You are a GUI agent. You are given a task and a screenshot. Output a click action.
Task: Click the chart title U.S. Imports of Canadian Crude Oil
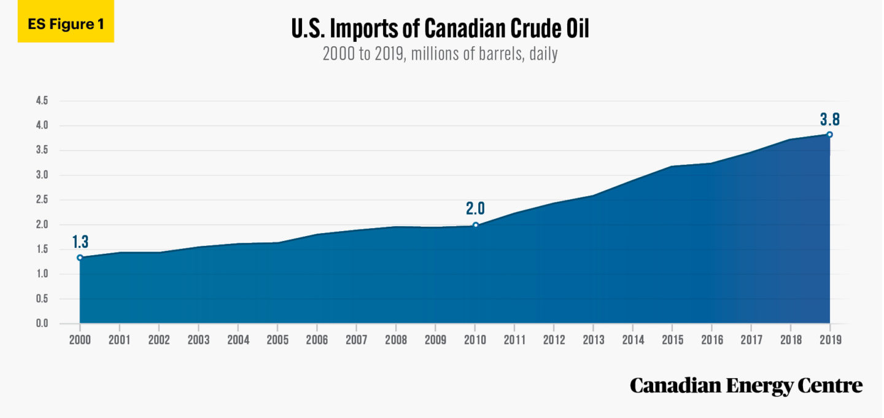(440, 28)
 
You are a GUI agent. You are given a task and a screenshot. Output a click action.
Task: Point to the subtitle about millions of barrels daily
(440, 53)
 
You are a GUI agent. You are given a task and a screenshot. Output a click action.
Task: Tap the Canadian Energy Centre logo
(746, 386)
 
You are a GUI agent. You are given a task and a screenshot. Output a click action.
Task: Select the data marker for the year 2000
(80, 258)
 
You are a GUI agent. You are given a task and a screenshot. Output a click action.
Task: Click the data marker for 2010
(475, 225)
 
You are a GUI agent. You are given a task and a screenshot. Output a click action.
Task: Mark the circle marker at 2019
(829, 135)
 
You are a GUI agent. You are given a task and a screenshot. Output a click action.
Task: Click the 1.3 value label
(80, 242)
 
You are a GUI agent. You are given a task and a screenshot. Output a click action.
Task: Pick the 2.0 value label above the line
(475, 208)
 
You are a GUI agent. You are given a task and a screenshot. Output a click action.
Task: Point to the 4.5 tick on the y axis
(42, 101)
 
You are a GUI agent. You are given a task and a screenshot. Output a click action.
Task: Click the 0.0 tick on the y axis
(42, 323)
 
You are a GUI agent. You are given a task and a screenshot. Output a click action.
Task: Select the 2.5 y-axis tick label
(42, 200)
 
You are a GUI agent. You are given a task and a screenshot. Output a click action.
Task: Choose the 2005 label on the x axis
(277, 339)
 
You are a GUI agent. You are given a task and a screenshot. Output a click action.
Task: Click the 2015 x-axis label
(672, 339)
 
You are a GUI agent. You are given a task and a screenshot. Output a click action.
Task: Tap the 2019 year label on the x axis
(829, 339)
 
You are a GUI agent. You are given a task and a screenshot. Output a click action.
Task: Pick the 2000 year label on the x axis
(80, 339)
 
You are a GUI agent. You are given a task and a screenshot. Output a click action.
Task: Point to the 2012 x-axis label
(553, 339)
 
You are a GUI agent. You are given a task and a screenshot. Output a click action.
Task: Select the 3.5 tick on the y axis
(42, 151)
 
